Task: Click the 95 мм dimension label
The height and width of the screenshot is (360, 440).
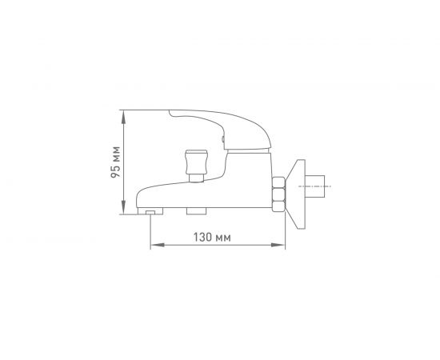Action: [x=115, y=162]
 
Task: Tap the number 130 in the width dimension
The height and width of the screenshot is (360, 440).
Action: [x=202, y=238]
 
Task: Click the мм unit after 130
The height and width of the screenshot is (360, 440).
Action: [x=223, y=238]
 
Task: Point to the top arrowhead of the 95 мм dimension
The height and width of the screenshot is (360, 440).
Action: [x=123, y=117]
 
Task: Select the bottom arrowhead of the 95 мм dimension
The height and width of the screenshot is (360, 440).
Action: [x=123, y=208]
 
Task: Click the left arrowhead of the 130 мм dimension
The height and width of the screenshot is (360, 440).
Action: [x=158, y=245]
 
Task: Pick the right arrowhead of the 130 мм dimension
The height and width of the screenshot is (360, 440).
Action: [x=278, y=245]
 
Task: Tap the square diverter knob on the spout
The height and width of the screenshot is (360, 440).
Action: [x=196, y=162]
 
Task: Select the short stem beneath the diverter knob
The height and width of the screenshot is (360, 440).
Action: [x=196, y=178]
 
